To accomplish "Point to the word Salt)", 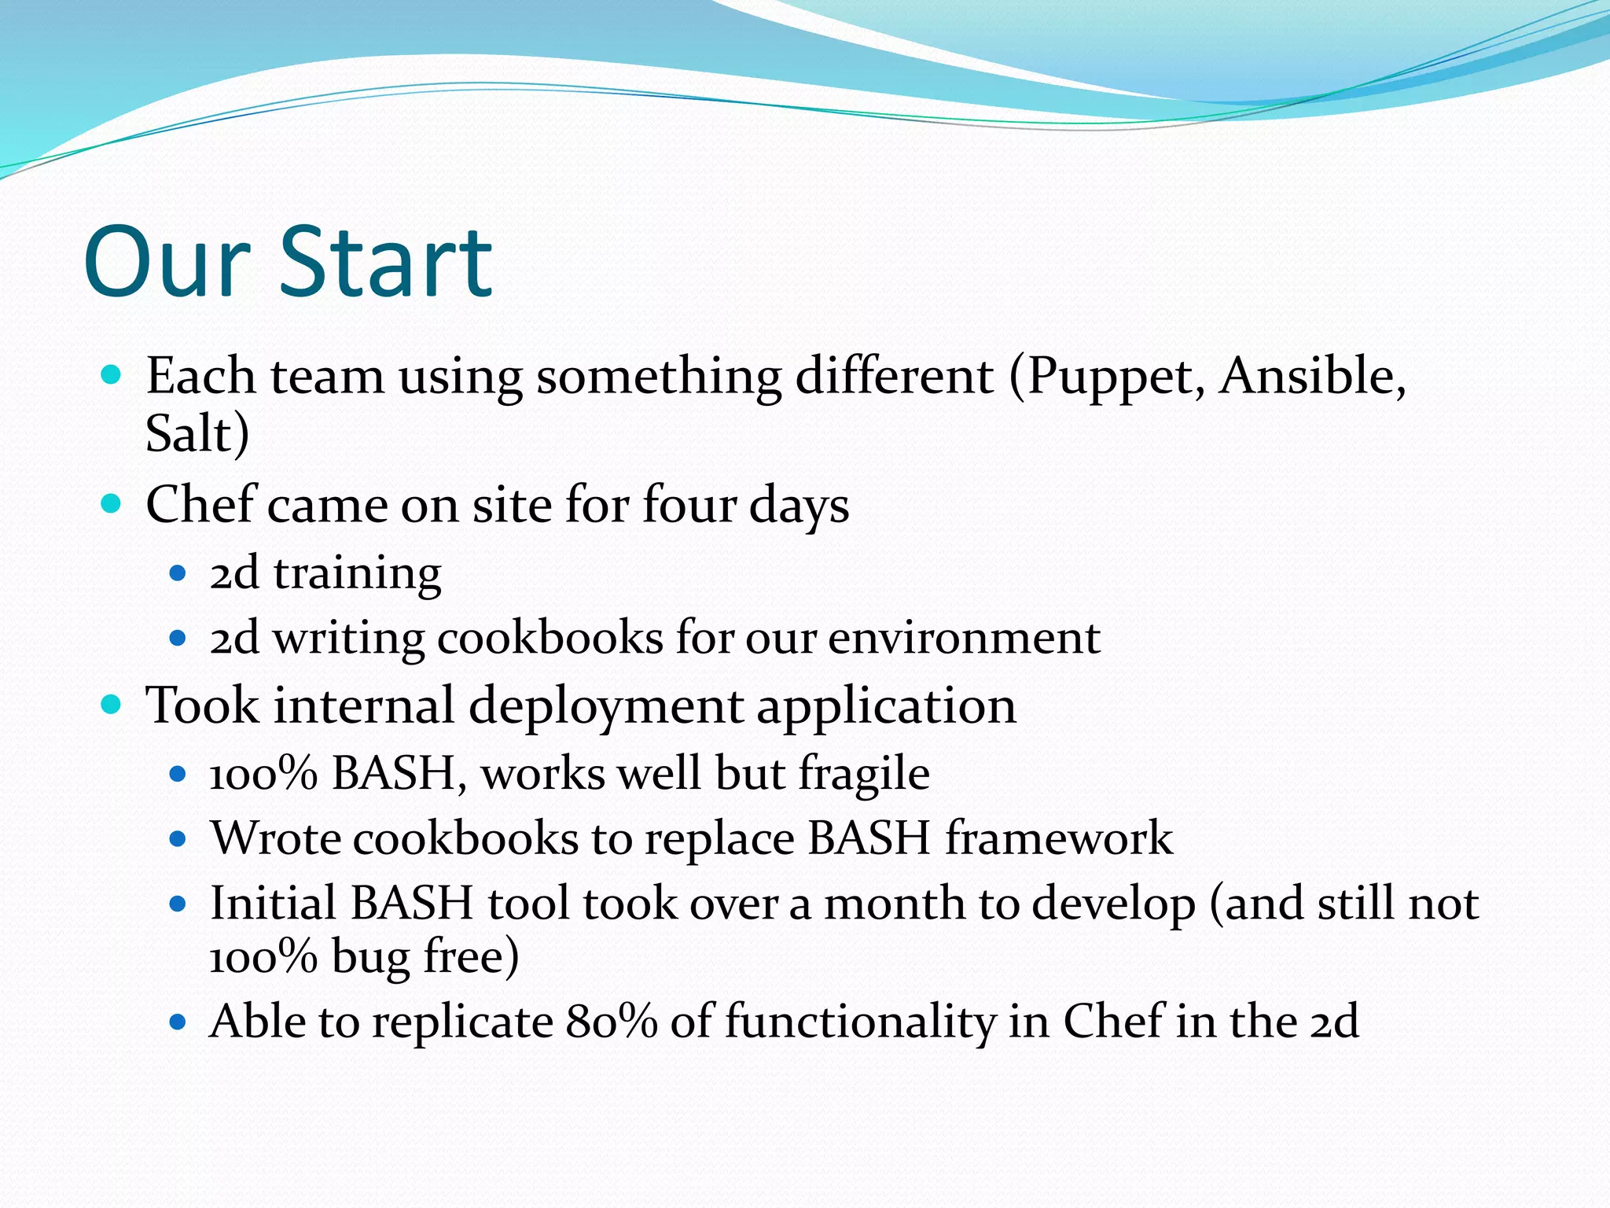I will click(x=197, y=433).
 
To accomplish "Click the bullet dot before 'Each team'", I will click(x=112, y=374).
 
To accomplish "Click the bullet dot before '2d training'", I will click(x=178, y=573).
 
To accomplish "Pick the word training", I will click(x=358, y=574).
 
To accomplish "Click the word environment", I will click(x=964, y=638).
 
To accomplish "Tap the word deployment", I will click(x=605, y=706).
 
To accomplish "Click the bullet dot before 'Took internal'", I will click(x=112, y=704).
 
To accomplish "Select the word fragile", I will click(x=864, y=774).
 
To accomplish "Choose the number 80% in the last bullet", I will click(x=611, y=1022).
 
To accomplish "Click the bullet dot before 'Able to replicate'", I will click(x=178, y=1022).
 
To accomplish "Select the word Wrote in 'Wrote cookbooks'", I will click(x=275, y=838).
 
